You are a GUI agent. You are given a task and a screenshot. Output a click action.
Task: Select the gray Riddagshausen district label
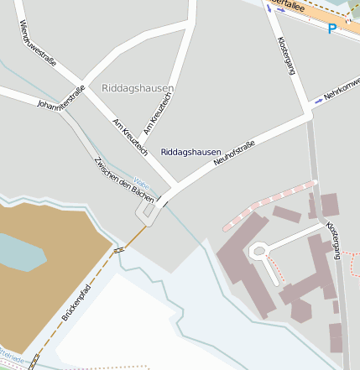pyautogui.click(x=138, y=88)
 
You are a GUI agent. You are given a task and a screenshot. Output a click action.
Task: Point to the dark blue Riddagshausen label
pyautogui.click(x=190, y=152)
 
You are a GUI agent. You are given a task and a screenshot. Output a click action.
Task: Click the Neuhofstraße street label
pyautogui.click(x=234, y=153)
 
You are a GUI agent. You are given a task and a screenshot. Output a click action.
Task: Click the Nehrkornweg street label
pyautogui.click(x=341, y=91)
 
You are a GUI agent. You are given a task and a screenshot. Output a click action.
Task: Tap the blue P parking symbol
pyautogui.click(x=332, y=29)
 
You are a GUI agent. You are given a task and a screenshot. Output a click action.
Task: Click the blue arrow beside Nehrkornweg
pyautogui.click(x=318, y=101)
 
